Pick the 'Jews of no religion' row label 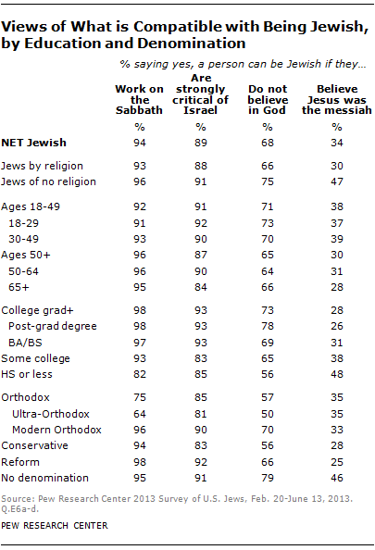(x=51, y=181)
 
